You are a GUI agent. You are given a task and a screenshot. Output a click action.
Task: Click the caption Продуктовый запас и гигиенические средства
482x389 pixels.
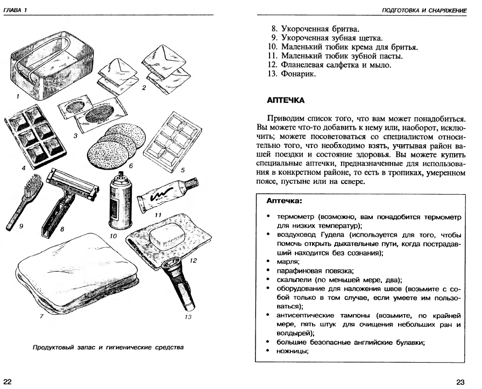pos(107,347)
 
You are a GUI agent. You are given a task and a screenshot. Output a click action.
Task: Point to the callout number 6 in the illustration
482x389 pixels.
pos(130,166)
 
